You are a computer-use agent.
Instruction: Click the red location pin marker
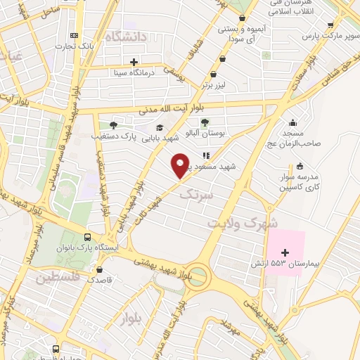point(180,166)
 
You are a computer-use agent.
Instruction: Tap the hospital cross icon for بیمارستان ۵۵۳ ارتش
point(285,252)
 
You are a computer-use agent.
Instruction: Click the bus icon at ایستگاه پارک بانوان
point(87,238)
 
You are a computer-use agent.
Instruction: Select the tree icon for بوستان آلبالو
point(205,122)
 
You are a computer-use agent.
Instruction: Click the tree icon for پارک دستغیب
point(113,124)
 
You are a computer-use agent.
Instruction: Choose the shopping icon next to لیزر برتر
point(214,72)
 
